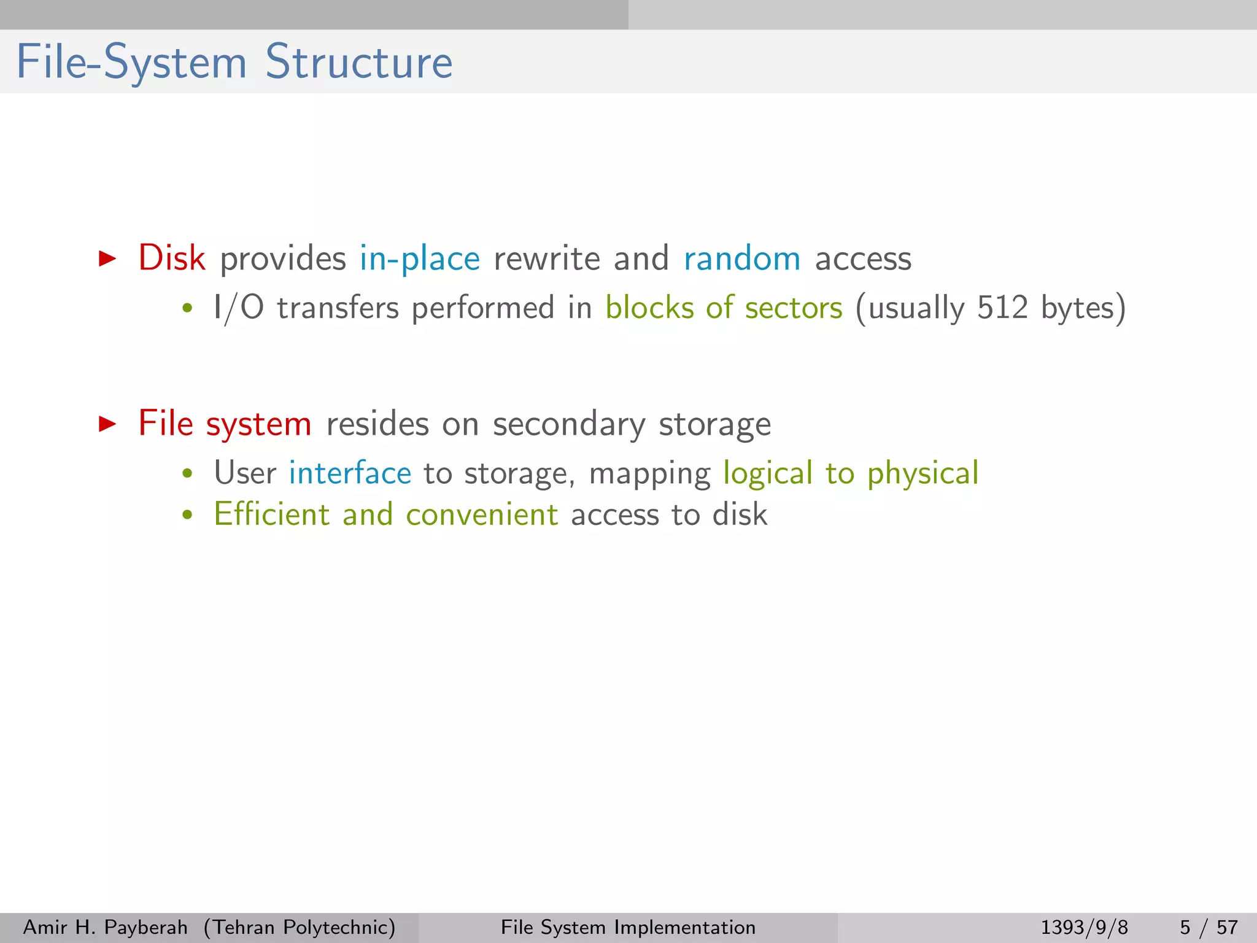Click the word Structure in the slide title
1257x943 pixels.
[x=358, y=63]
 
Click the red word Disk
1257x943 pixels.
[x=171, y=258]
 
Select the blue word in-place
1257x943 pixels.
[x=419, y=259]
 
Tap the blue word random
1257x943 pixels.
[x=741, y=259]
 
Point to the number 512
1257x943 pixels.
[x=1002, y=307]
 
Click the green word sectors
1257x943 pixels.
[x=793, y=308]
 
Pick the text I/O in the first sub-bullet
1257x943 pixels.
[x=238, y=308]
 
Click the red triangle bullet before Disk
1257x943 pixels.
[x=107, y=258]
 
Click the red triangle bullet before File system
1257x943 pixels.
[x=107, y=424]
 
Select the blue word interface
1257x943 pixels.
[x=350, y=473]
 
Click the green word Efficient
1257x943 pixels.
[x=271, y=514]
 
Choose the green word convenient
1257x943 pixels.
[x=482, y=514]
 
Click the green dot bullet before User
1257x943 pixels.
[x=188, y=474]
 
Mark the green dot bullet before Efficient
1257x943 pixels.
[x=188, y=515]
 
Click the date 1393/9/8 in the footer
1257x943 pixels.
[x=1084, y=927]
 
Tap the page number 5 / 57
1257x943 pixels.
[x=1209, y=927]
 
